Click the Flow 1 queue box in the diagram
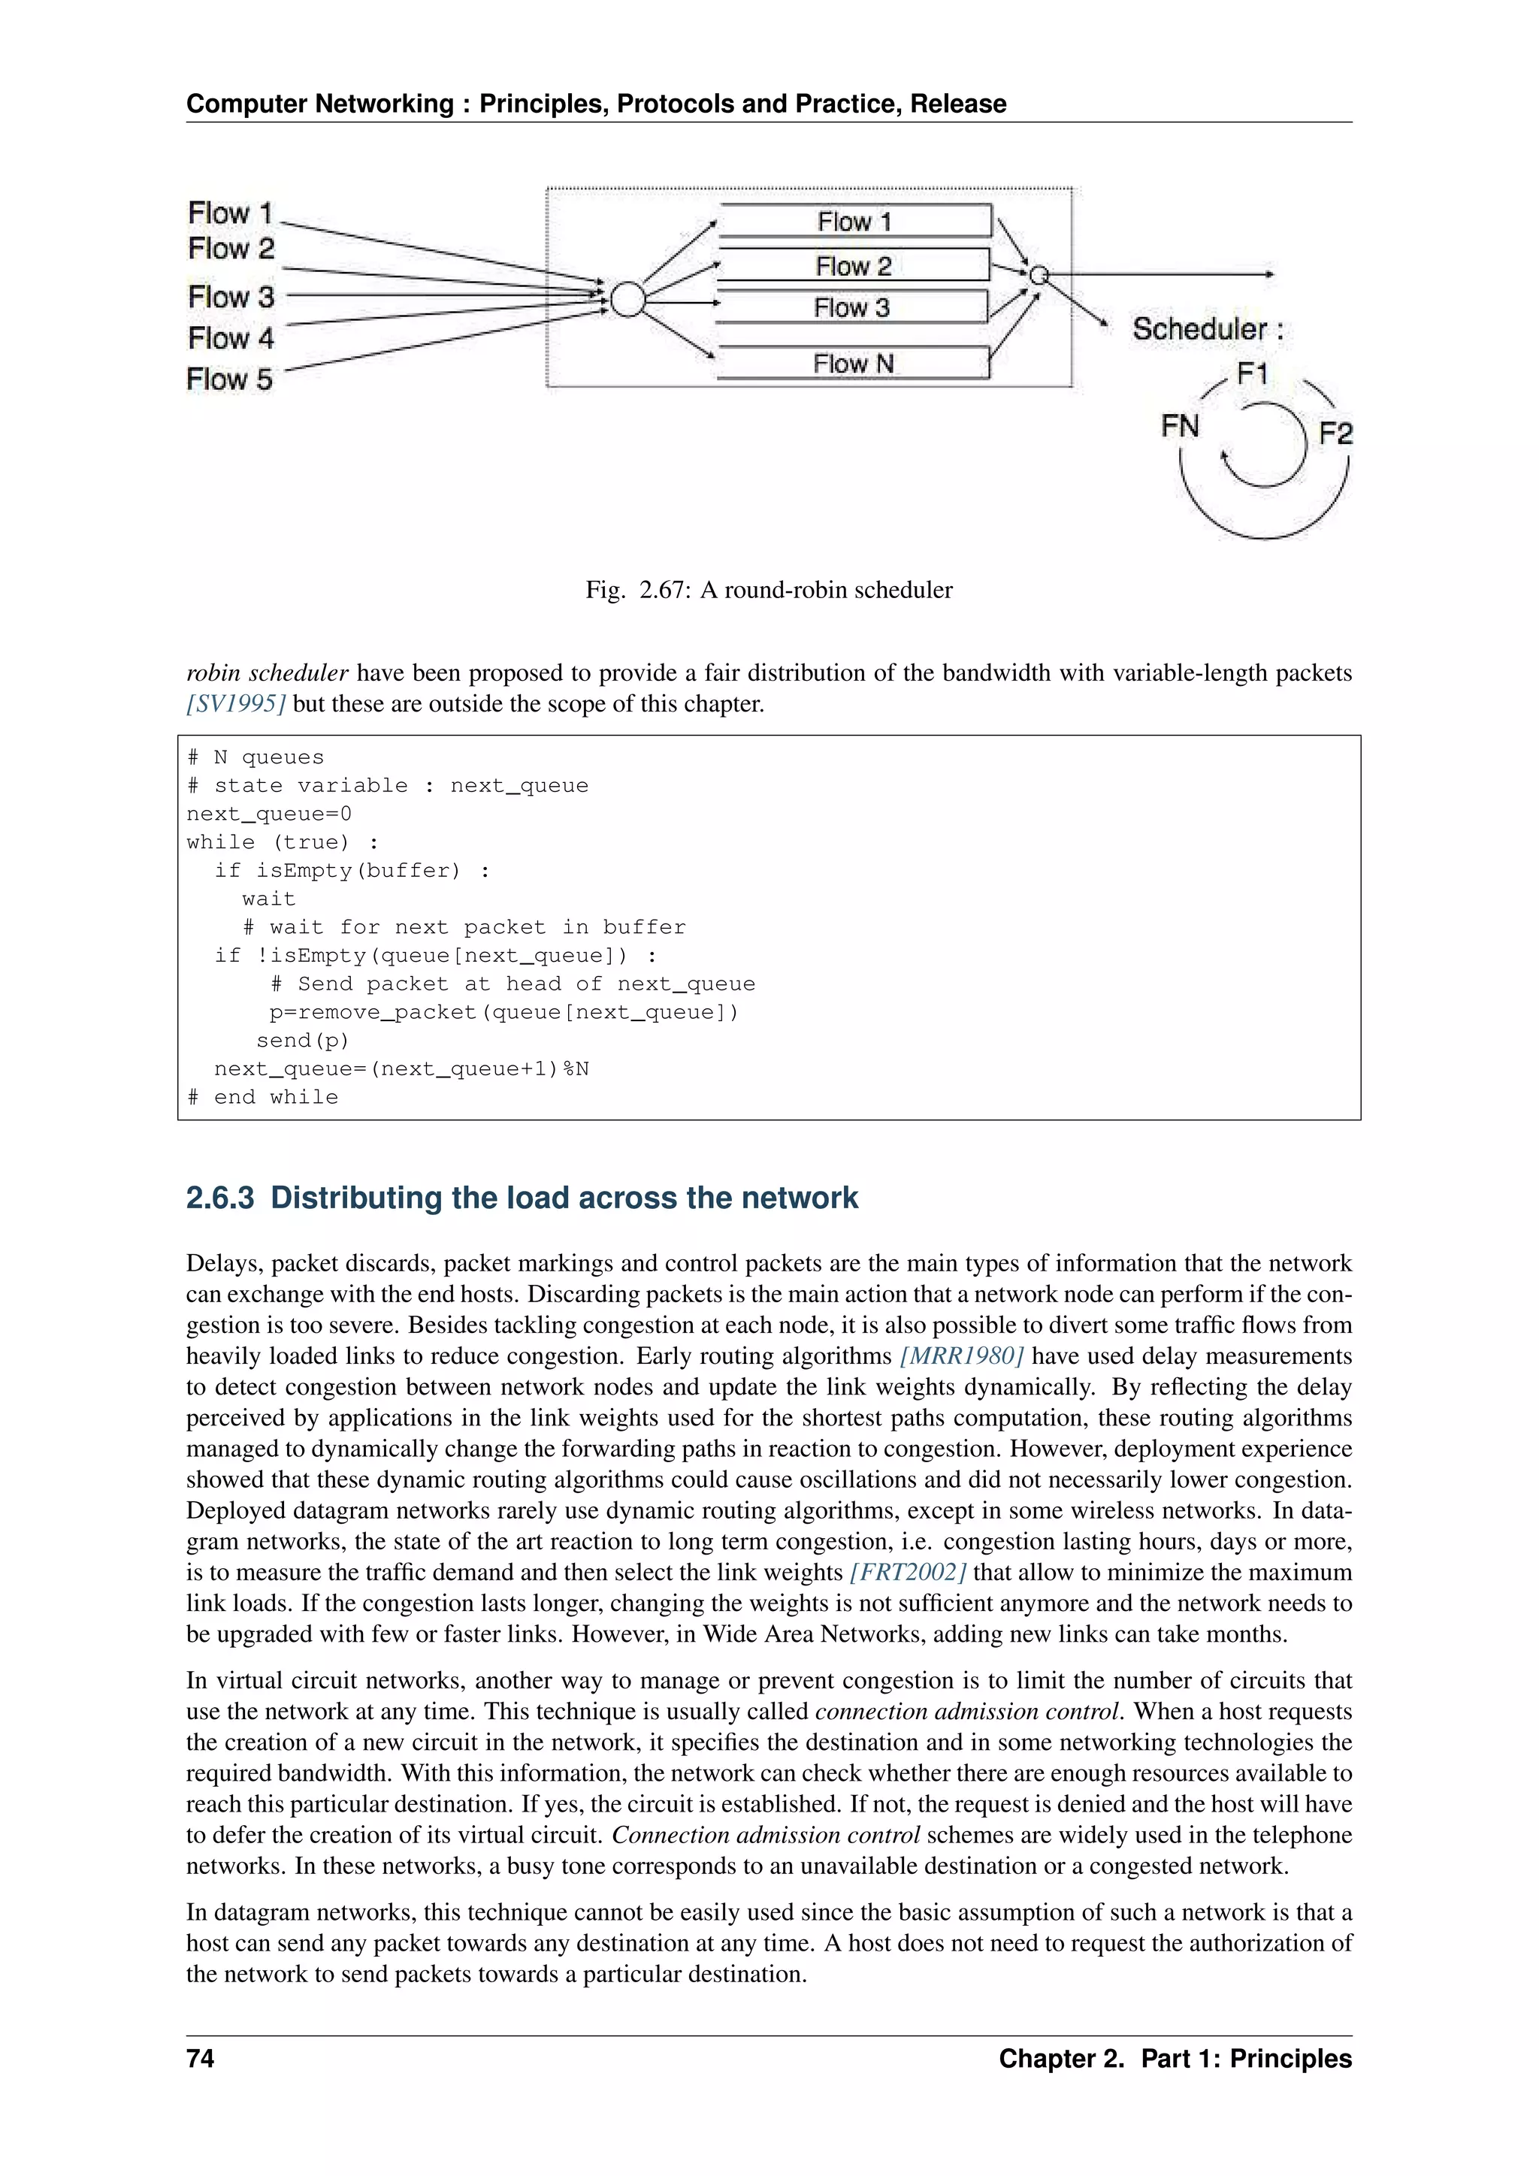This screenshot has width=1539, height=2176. (854, 221)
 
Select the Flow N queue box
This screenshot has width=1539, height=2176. (852, 363)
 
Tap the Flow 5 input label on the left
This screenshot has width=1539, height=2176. (230, 379)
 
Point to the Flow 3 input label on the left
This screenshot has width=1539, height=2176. (231, 297)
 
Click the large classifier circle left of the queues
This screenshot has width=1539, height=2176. (627, 300)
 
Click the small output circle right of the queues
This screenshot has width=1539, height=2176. (1039, 275)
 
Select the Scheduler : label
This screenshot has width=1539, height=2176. (1208, 329)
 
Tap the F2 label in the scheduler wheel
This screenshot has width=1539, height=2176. (1335, 433)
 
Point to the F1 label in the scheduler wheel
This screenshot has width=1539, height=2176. (1252, 374)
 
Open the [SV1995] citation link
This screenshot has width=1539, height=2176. (236, 704)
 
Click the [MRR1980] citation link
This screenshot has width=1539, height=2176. (961, 1356)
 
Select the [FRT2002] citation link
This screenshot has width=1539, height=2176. (908, 1573)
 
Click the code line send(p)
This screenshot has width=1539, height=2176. (302, 1041)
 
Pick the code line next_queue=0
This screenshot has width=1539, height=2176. (269, 814)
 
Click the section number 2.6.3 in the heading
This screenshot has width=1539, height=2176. (220, 1198)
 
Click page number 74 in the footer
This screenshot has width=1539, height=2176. (201, 2059)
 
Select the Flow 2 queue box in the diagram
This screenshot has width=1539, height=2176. (853, 265)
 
